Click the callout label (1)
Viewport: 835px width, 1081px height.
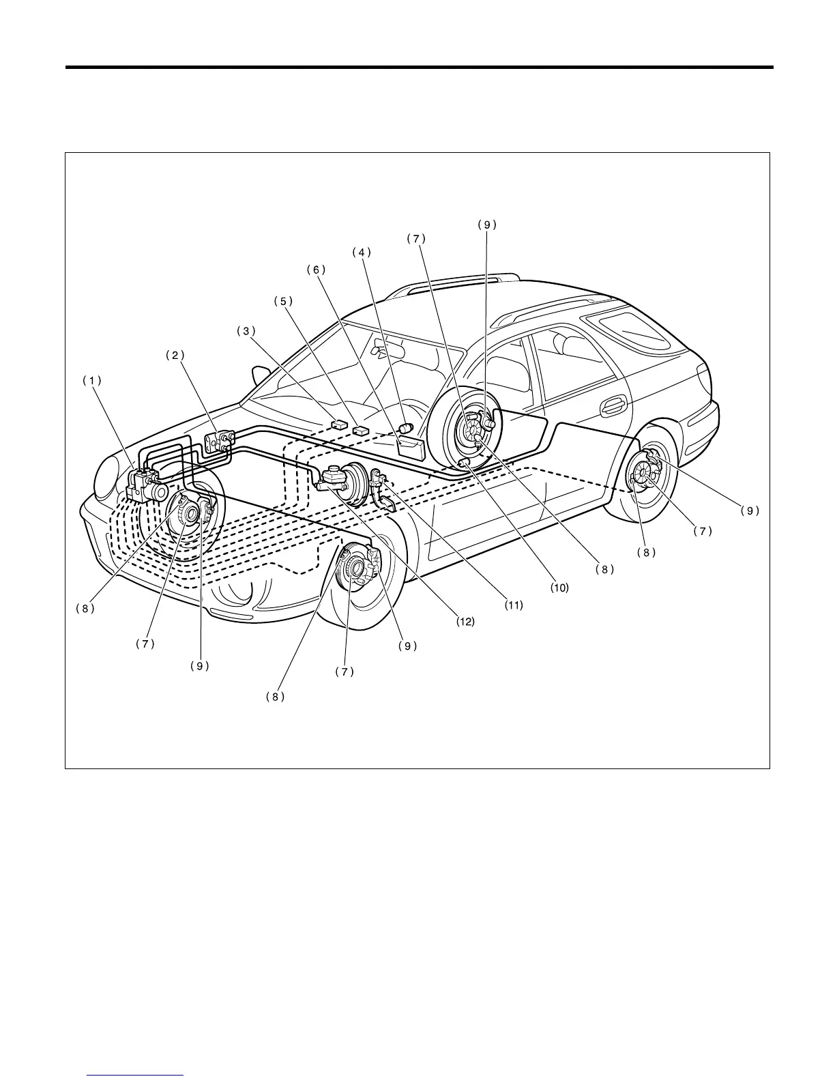tap(91, 381)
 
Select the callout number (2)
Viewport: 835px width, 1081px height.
tap(175, 355)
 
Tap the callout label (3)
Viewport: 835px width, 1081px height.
tap(246, 330)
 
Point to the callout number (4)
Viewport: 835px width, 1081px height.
tap(362, 252)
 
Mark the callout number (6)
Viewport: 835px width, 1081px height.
tap(316, 270)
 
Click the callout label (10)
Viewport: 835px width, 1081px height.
tap(559, 587)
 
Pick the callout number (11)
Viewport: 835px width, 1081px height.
tap(514, 605)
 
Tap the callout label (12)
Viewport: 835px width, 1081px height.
tap(466, 622)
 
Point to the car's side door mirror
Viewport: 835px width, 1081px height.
tap(261, 375)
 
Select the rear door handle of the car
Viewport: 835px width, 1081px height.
tap(615, 407)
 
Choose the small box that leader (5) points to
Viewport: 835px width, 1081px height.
tap(361, 431)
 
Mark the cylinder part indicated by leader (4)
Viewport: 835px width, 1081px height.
tap(407, 429)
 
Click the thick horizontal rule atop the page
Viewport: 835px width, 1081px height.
tap(419, 68)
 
